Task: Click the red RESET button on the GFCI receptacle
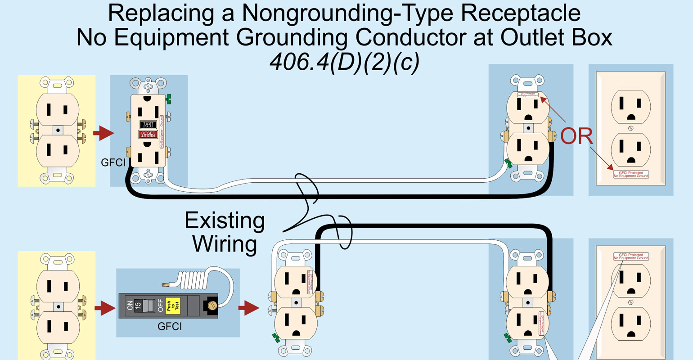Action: click(x=148, y=134)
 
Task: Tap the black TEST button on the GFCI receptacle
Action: click(x=148, y=124)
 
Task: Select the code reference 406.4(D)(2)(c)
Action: click(x=344, y=63)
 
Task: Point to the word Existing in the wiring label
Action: click(x=225, y=221)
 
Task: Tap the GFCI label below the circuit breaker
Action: click(x=170, y=326)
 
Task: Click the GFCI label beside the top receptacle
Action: click(x=113, y=162)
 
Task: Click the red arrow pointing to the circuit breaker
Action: click(x=105, y=309)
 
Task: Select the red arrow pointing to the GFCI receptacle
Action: click(x=103, y=133)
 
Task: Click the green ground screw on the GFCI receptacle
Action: click(x=169, y=99)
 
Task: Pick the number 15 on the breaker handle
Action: click(x=139, y=306)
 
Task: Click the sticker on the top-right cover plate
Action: click(x=631, y=174)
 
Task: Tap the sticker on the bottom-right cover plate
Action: click(x=631, y=256)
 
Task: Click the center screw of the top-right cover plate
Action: click(x=631, y=129)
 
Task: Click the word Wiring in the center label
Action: click(x=225, y=244)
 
